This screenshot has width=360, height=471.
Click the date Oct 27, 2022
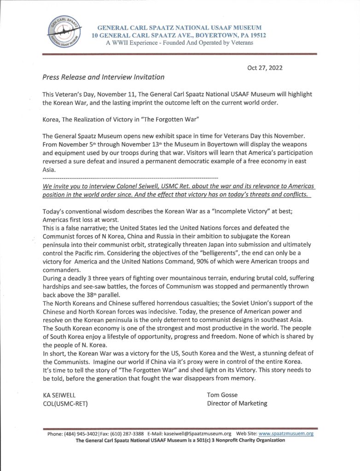[265, 68]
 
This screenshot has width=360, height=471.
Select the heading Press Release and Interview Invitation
[103, 77]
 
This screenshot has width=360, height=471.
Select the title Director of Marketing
[237, 403]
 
